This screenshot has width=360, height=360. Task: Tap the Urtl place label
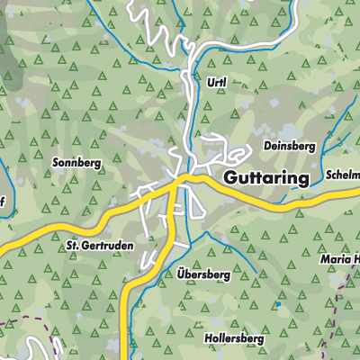(216, 81)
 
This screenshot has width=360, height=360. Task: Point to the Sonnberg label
(78, 164)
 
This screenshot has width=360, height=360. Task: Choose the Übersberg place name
(203, 276)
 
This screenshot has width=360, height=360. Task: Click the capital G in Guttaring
(229, 178)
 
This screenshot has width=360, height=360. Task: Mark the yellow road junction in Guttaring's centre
(180, 183)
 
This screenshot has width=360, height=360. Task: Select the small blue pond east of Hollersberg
(279, 306)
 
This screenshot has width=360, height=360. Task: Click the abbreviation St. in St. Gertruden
(75, 245)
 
